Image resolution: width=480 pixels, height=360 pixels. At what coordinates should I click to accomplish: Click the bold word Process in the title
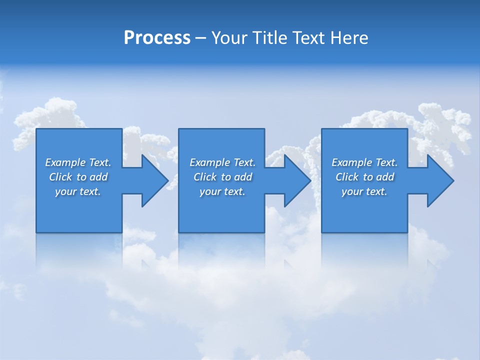pos(157,38)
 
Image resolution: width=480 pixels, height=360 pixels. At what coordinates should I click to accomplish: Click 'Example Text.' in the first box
pos(78,162)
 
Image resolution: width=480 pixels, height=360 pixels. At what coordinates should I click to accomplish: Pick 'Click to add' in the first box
pos(78,177)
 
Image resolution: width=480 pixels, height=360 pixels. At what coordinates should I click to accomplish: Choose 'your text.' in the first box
pos(78,191)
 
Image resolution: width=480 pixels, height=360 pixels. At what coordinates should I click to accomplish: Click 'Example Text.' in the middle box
pos(222,162)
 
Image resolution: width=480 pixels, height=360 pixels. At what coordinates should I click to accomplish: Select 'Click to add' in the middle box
pos(222,177)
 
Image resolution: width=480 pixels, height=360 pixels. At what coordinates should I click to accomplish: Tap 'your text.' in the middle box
pos(222,191)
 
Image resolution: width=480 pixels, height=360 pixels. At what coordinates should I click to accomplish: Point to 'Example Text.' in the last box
pos(364,162)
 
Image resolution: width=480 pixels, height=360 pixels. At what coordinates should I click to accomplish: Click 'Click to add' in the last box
pos(364,177)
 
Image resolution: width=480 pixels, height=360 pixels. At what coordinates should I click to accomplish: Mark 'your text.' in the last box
pos(364,191)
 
